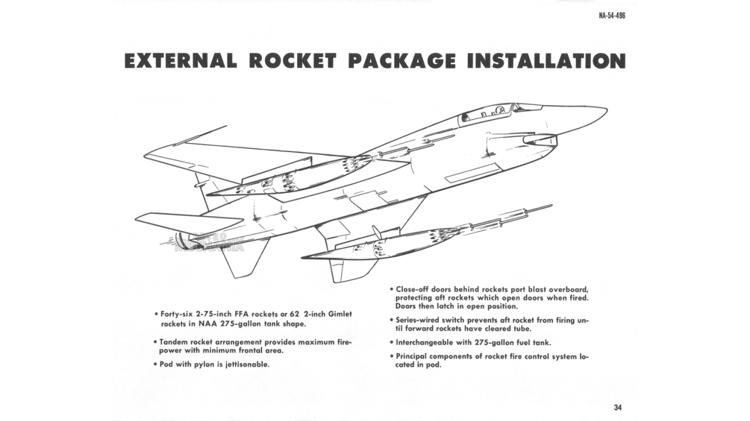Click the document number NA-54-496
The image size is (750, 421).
pos(611,16)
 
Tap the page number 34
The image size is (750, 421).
pos(618,407)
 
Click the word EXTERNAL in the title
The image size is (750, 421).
pos(181,61)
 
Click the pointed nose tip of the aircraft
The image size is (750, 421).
pos(604,111)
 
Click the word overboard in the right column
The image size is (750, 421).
pos(566,288)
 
